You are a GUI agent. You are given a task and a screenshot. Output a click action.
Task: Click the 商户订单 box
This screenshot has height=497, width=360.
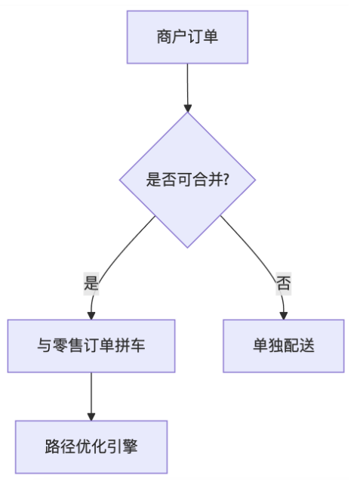pyautogui.click(x=187, y=37)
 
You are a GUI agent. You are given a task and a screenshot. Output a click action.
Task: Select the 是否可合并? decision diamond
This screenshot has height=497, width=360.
pyautogui.click(x=187, y=180)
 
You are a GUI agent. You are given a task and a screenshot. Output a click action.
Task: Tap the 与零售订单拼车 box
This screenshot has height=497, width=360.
pyautogui.click(x=91, y=346)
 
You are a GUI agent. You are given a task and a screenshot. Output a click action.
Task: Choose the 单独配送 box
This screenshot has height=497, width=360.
pyautogui.click(x=283, y=346)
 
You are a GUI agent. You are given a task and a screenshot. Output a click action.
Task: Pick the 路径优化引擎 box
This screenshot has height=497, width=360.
pyautogui.click(x=91, y=447)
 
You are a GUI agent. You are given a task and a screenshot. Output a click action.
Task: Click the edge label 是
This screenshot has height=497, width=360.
pyautogui.click(x=91, y=283)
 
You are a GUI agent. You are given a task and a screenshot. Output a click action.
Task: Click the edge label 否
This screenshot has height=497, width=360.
pyautogui.click(x=283, y=283)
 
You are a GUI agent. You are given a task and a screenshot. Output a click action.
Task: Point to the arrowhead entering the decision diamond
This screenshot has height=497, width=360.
pyautogui.click(x=187, y=108)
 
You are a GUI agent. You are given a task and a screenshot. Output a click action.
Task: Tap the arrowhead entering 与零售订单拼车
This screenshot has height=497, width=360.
pyautogui.click(x=91, y=316)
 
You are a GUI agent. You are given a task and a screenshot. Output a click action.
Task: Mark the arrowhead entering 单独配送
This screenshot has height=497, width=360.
pyautogui.click(x=283, y=316)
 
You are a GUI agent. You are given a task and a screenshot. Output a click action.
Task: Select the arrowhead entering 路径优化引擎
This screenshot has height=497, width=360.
pyautogui.click(x=91, y=417)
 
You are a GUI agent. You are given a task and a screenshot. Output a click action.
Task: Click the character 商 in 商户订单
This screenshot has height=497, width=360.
pyautogui.click(x=165, y=36)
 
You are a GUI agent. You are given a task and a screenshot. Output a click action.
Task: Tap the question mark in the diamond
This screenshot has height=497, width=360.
pyautogui.click(x=226, y=180)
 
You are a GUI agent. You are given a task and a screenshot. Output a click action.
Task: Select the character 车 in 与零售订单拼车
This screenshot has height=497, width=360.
pyautogui.click(x=137, y=345)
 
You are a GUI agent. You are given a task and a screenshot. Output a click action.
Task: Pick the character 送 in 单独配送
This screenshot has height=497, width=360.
pyautogui.click(x=307, y=345)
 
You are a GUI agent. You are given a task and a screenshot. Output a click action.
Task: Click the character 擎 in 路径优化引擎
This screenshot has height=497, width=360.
pyautogui.click(x=130, y=446)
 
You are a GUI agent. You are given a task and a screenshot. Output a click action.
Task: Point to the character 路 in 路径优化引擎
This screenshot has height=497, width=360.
pyautogui.click(x=52, y=446)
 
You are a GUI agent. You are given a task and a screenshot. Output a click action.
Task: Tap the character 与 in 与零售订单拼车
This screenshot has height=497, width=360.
pyautogui.click(x=45, y=345)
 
